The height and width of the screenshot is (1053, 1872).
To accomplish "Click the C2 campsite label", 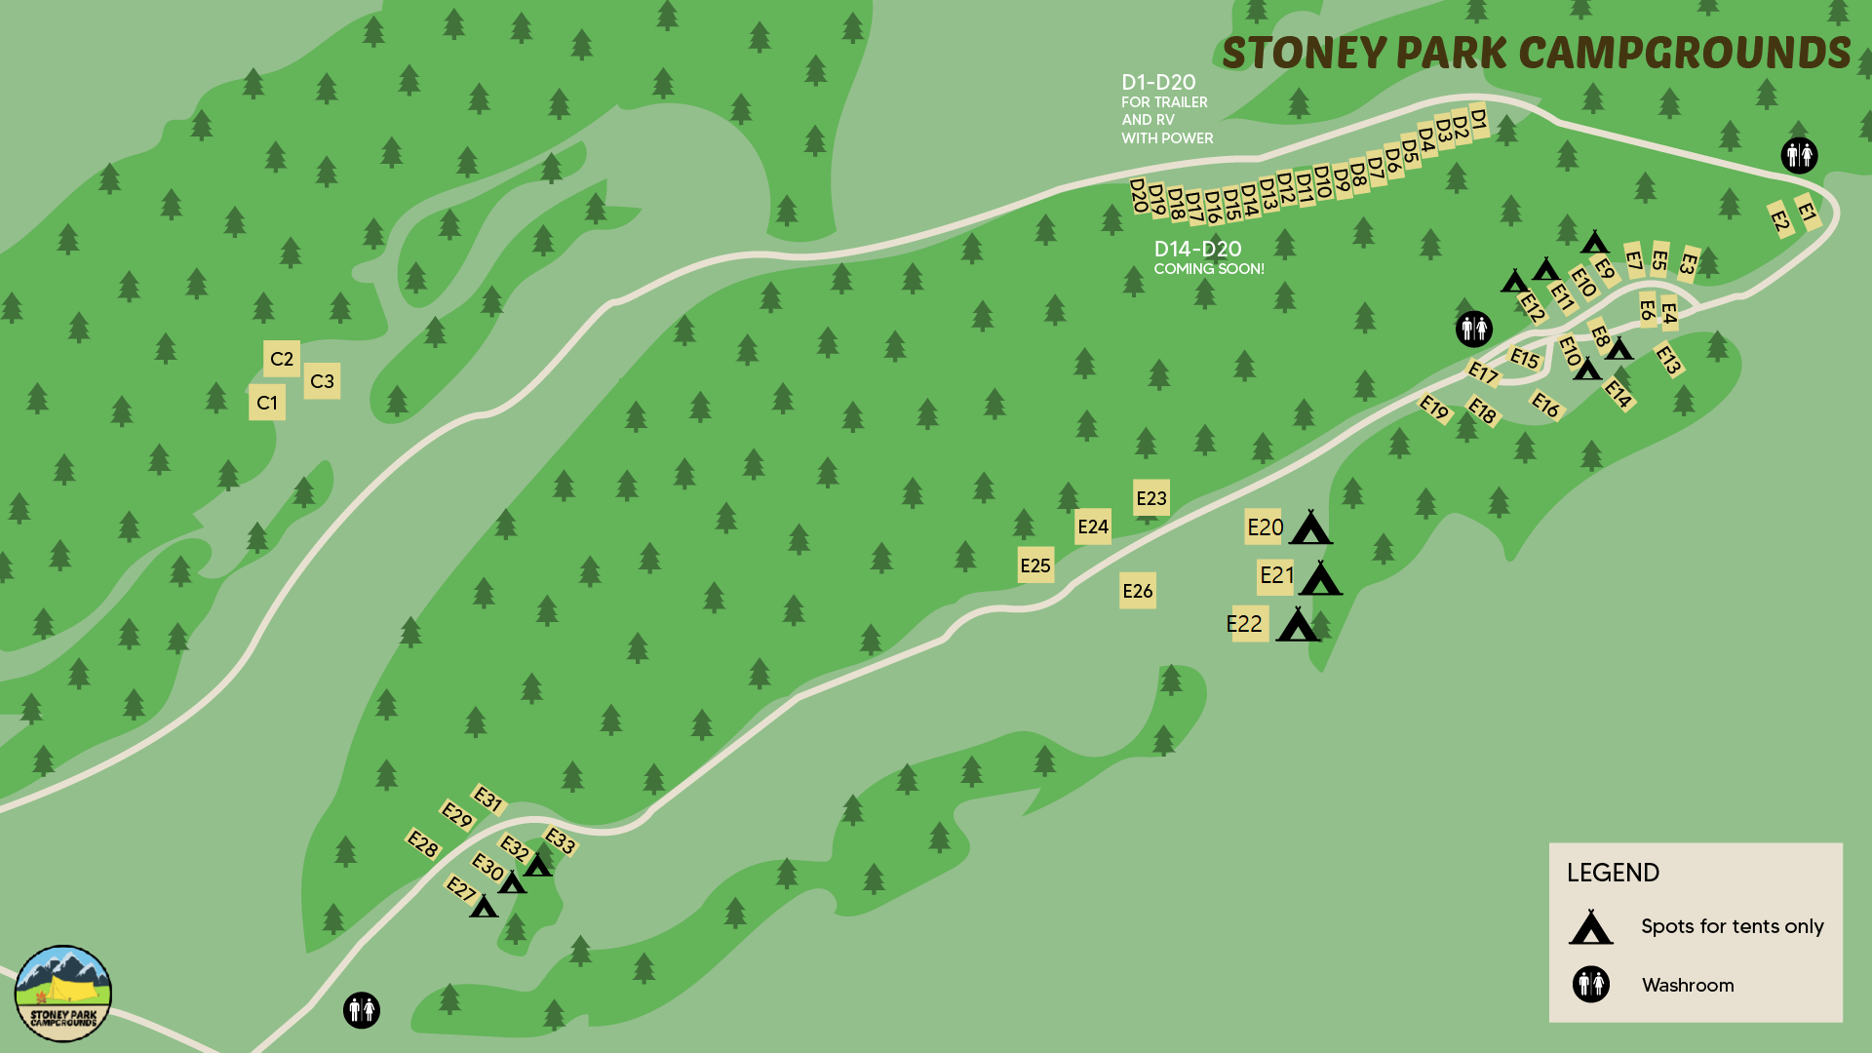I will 282,359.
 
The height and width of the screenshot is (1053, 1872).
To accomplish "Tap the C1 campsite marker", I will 267,403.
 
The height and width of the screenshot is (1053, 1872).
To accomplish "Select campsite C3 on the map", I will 322,381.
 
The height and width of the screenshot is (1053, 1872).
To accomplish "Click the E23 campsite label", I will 1150,498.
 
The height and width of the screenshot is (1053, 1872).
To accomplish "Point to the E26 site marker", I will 1137,591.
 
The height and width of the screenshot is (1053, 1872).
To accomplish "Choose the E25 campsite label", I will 1035,565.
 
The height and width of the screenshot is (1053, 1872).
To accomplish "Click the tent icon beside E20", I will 1310,528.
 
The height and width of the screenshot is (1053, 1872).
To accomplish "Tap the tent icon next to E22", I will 1298,625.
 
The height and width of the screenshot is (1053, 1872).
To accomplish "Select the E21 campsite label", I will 1276,575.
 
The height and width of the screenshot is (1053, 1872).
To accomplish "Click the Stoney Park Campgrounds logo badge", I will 63,994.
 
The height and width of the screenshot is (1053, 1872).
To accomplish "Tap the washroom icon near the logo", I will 361,1009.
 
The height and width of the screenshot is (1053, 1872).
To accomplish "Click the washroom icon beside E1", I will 1799,155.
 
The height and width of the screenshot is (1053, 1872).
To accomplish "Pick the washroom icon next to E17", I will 1473,329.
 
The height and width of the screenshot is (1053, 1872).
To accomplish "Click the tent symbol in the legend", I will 1590,927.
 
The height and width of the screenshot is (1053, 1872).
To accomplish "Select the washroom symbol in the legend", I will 1590,985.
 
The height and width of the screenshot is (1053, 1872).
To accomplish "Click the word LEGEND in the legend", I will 1613,873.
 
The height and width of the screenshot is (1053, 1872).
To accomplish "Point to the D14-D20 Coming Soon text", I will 1208,258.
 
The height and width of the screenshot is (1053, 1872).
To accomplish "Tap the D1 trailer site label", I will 1478,121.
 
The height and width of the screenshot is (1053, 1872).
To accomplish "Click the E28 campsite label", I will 423,843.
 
